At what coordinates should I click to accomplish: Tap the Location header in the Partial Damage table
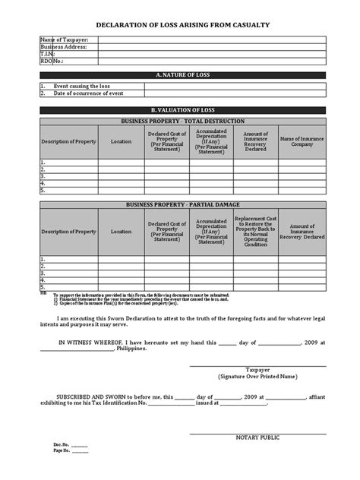[120, 231]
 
